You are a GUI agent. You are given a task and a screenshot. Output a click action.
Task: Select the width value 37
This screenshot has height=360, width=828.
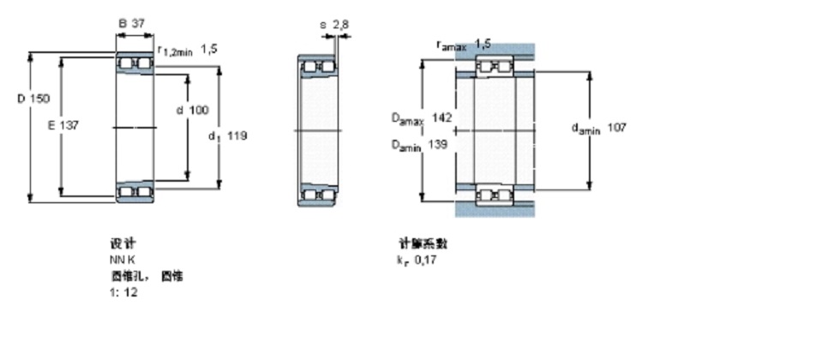pos(137,24)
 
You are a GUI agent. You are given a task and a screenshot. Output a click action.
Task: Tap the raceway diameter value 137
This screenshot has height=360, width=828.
pos(70,125)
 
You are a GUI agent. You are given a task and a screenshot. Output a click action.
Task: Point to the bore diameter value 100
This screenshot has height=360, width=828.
pos(199,110)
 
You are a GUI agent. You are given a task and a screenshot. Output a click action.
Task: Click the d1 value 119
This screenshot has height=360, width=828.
pos(238,135)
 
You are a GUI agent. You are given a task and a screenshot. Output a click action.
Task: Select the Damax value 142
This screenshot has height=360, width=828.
pos(442,117)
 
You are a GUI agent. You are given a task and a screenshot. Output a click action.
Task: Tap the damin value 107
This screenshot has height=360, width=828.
pos(616,128)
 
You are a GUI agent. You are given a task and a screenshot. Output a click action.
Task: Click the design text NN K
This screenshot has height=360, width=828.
pos(121,260)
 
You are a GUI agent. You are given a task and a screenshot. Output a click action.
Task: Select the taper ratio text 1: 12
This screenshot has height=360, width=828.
pos(123,292)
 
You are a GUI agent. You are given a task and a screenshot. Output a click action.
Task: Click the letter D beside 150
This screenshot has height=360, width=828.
pos(21,99)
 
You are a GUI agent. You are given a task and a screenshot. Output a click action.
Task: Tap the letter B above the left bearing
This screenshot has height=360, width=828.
pos(122,24)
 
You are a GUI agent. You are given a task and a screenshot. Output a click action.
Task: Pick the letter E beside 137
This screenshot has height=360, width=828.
pos(51,125)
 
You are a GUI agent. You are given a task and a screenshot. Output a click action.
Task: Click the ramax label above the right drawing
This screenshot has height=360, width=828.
pos(451,44)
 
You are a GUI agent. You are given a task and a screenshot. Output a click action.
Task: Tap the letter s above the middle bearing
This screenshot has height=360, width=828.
pos(323,25)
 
